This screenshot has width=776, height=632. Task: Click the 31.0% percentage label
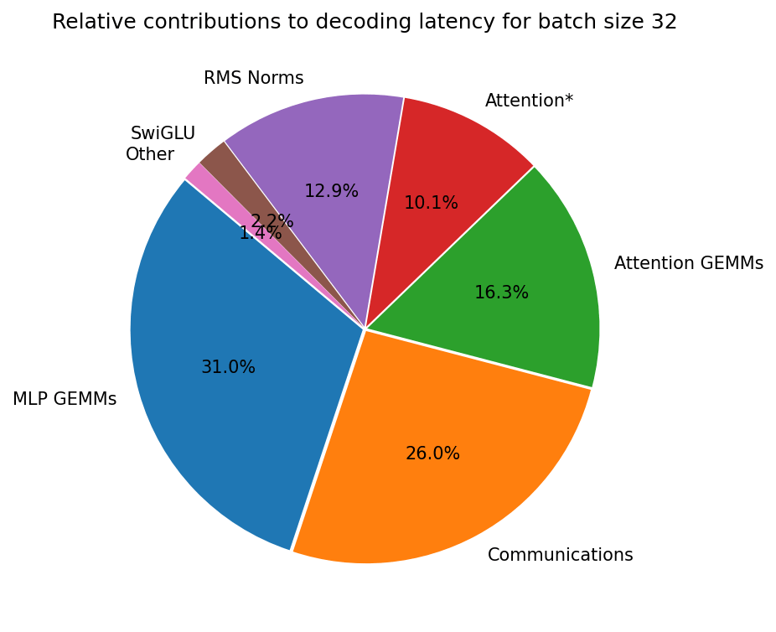pos(228,367)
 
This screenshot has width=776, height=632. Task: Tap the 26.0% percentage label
pos(432,453)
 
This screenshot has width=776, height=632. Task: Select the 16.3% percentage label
pos(501,293)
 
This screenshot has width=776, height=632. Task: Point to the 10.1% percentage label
pos(431,203)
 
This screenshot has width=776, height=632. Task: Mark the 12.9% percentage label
pos(331,191)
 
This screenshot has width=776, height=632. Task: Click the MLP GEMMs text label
pos(65,399)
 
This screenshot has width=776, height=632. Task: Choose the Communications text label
pos(560,555)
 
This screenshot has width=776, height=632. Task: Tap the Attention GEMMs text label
pos(688,263)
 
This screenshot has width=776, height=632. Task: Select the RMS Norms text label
pos(253,78)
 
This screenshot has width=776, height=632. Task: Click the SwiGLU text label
pos(163,133)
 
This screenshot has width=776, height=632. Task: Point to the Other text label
pos(150,154)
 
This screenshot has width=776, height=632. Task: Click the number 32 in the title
pos(664,22)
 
